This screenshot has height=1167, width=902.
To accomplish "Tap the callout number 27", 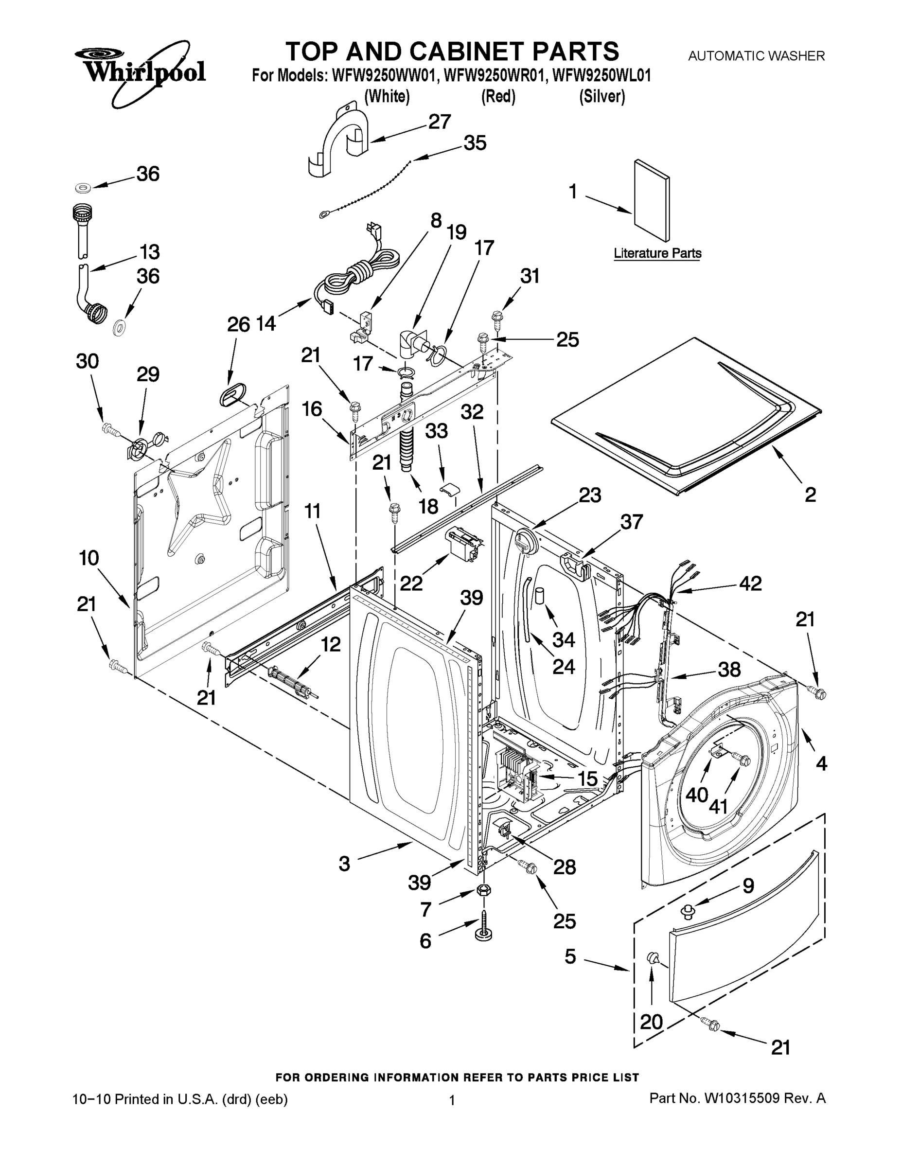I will point(439,122).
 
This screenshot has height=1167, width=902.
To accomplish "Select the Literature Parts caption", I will point(657,253).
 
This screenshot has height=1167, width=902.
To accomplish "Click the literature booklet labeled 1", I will point(651,200).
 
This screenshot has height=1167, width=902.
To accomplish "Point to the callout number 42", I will point(750,583).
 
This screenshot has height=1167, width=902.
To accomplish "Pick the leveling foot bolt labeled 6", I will point(483,929).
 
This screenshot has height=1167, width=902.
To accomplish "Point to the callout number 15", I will point(588,778).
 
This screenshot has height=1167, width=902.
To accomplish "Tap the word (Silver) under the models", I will point(601,97).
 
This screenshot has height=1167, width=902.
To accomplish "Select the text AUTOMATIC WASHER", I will point(756,55).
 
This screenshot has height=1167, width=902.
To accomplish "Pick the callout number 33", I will point(436,431).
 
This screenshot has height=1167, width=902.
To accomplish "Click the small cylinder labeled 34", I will point(541,595).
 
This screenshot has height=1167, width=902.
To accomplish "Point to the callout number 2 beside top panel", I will point(810,495).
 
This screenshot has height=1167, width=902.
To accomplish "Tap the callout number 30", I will point(87,361).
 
